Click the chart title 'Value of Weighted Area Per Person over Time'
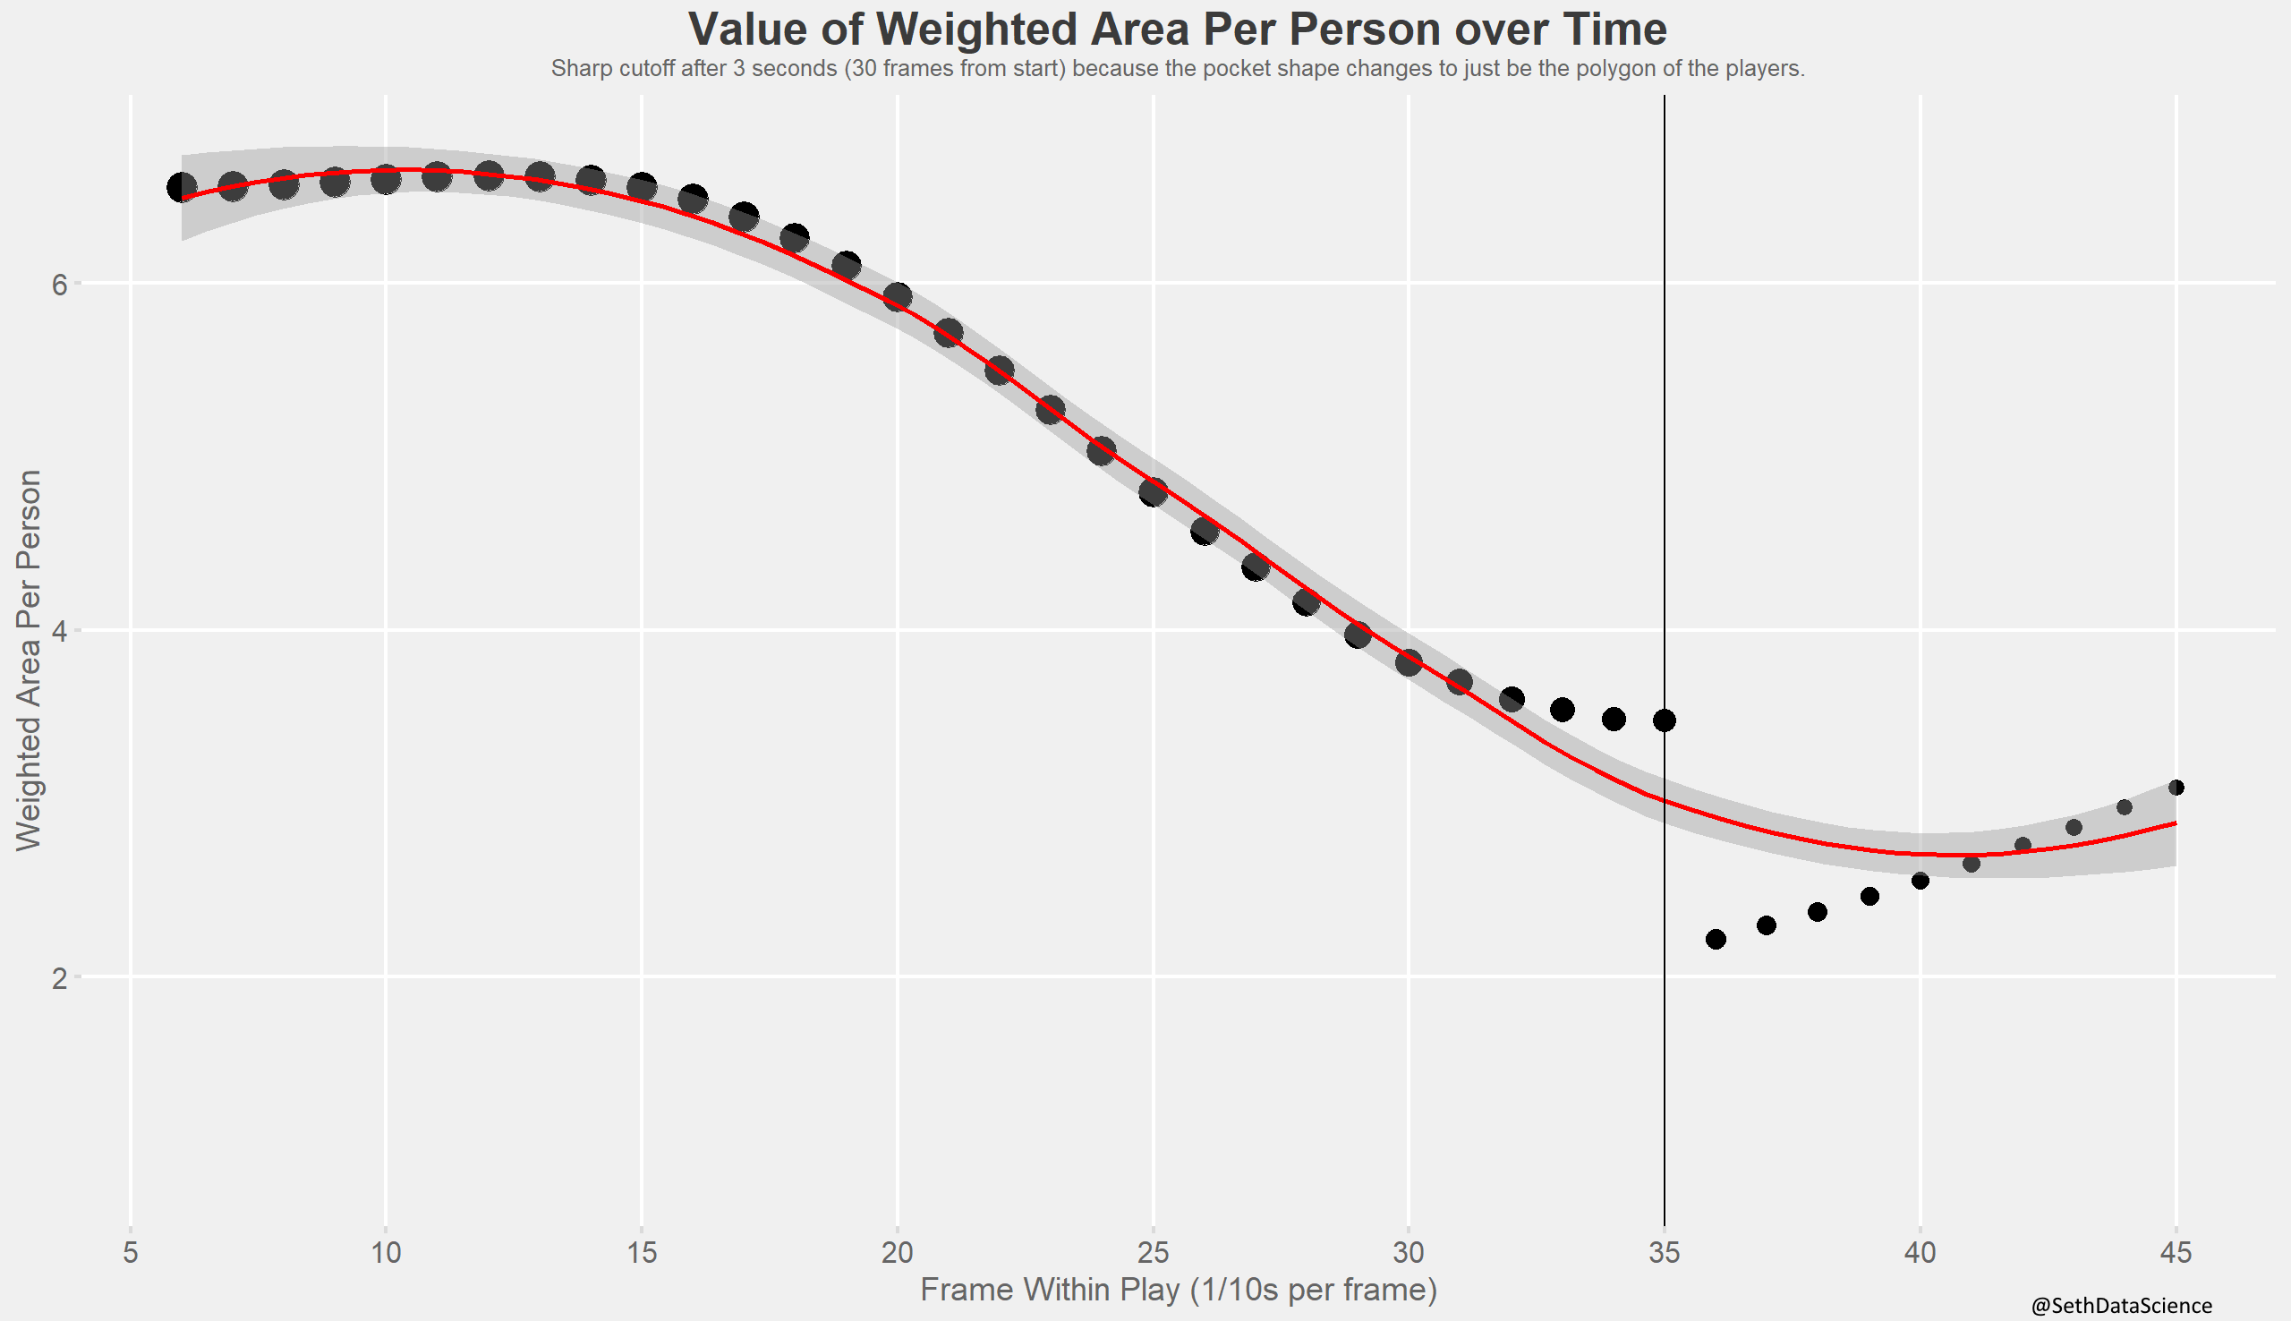click(x=1177, y=29)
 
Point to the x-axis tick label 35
click(x=1664, y=1253)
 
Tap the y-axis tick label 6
click(x=60, y=284)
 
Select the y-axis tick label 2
click(x=60, y=978)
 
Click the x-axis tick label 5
click(x=131, y=1253)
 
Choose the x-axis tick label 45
click(x=2175, y=1253)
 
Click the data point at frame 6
click(x=182, y=188)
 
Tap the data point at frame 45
click(x=2175, y=788)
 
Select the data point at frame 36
click(x=1715, y=939)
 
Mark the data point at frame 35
click(x=1664, y=720)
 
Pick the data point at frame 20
click(x=897, y=296)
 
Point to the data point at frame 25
click(x=1152, y=492)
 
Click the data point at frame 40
click(x=1919, y=881)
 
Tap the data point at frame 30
click(x=1408, y=662)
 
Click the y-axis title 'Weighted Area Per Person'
click(x=29, y=660)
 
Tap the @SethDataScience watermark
click(x=2120, y=1306)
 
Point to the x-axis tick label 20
click(x=897, y=1253)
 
